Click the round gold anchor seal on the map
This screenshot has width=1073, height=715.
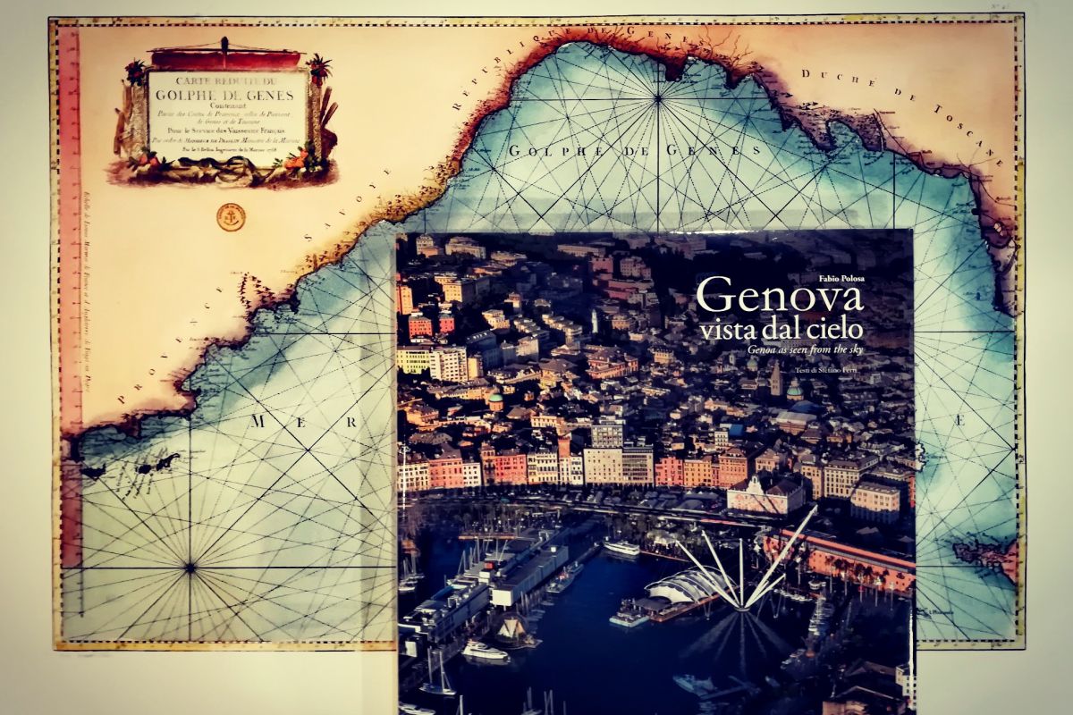[231, 216]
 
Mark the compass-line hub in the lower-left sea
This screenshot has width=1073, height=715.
[190, 566]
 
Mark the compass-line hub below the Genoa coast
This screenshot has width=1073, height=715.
[659, 97]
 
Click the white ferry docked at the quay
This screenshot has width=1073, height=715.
[621, 548]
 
